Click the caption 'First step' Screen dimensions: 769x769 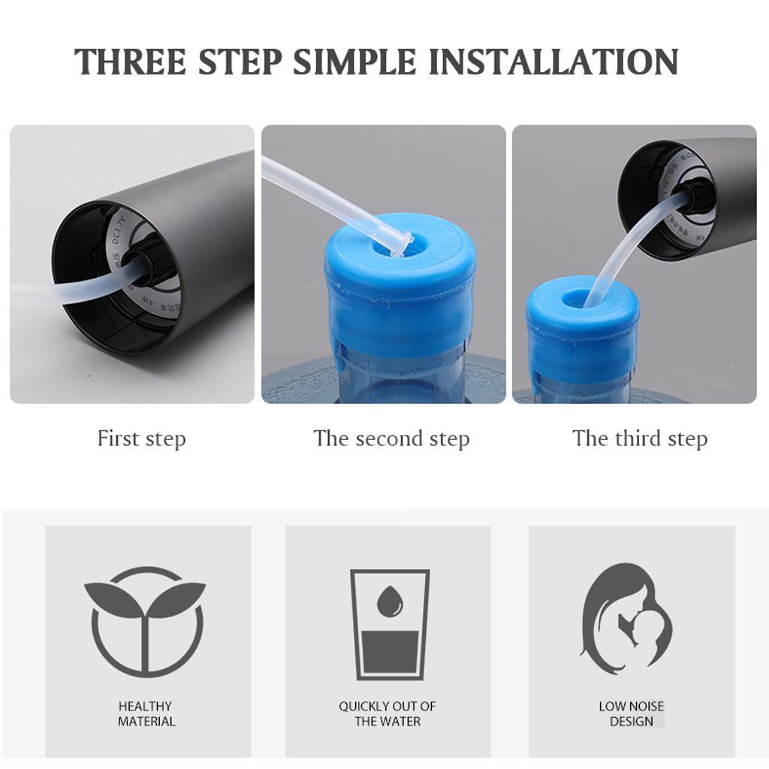pos(141,439)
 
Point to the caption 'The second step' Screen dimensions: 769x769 pos(391,439)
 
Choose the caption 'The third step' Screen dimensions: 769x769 pos(640,439)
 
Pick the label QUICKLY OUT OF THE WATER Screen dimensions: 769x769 pos(388,713)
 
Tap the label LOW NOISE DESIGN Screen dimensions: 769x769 pos(631,713)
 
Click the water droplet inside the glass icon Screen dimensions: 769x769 pos(389,600)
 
